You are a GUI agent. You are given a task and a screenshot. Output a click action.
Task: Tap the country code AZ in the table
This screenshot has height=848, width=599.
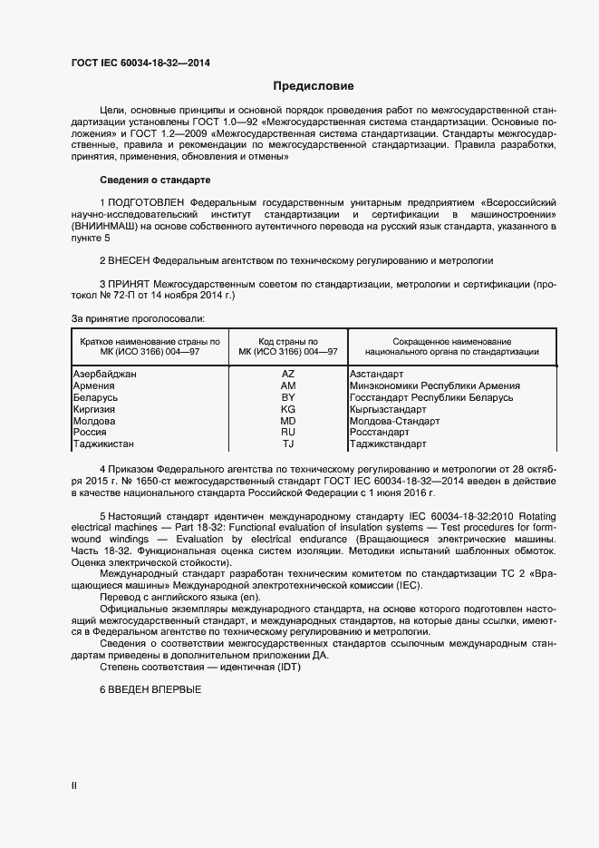288,374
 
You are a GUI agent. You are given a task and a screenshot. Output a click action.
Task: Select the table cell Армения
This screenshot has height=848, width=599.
93,385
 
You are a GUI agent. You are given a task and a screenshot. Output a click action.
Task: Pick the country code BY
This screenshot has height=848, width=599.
288,397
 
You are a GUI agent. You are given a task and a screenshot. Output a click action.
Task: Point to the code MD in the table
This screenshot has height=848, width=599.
288,421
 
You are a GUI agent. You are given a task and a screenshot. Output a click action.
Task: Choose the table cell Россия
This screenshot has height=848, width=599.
89,433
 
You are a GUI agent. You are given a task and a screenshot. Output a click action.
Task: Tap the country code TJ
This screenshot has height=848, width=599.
288,444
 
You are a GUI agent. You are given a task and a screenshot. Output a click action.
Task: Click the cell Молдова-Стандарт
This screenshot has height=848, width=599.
394,421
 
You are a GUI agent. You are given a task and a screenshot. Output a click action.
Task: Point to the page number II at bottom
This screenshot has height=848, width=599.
74,786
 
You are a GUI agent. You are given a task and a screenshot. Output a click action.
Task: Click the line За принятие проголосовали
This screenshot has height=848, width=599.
138,318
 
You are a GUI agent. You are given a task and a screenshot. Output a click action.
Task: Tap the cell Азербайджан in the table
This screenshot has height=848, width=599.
104,374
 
